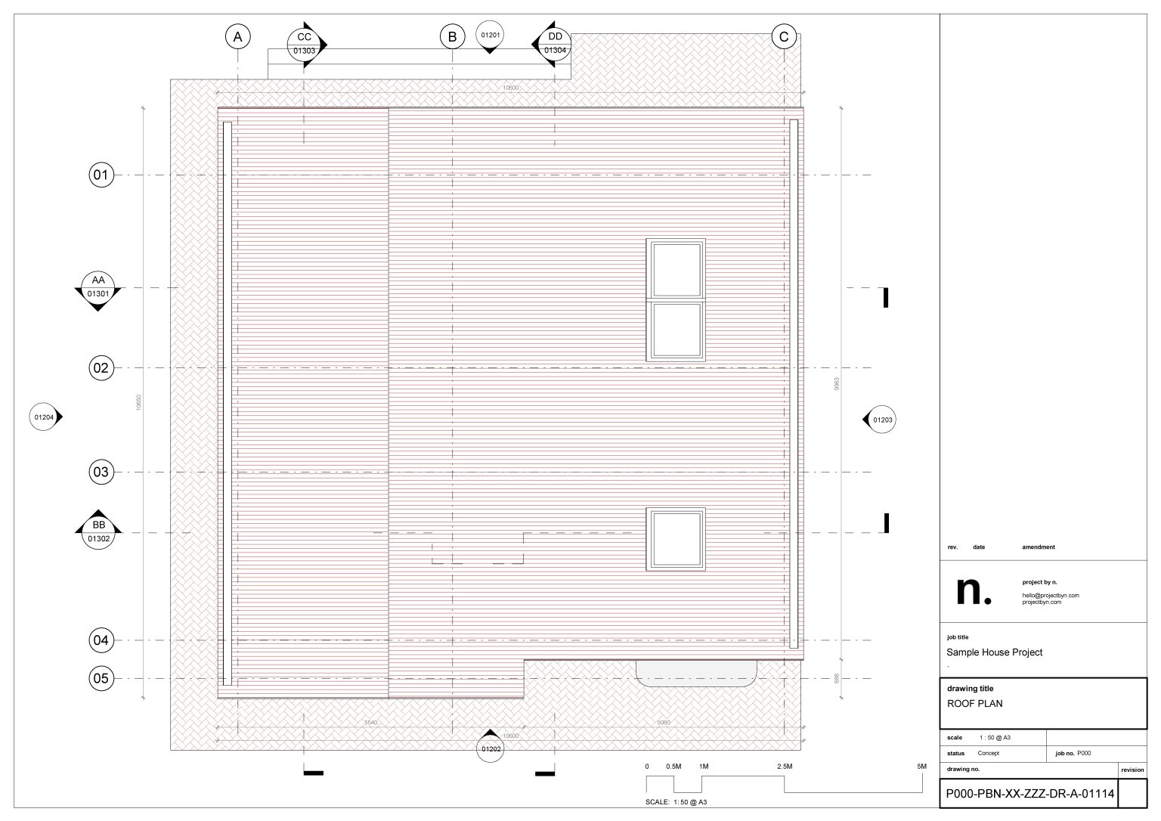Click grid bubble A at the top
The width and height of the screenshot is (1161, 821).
[237, 36]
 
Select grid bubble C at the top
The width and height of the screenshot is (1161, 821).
[784, 36]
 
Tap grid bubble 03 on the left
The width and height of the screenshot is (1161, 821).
[101, 472]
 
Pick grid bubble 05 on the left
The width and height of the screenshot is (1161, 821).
[101, 678]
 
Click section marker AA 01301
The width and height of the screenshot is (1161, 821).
[98, 287]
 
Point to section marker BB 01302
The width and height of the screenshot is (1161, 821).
[98, 532]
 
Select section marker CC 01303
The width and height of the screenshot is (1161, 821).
[304, 44]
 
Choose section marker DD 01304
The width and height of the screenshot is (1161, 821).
[555, 44]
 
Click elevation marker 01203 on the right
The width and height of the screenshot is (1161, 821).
[881, 420]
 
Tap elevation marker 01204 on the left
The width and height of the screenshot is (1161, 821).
[44, 417]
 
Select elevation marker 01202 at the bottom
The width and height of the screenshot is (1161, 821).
[490, 748]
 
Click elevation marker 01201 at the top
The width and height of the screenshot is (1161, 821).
[490, 36]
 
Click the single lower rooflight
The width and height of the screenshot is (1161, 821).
[676, 539]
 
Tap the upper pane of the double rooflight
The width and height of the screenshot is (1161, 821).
[676, 269]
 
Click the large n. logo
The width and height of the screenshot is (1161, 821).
[974, 591]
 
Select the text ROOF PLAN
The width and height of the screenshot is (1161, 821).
[975, 703]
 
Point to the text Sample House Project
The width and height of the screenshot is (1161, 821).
[994, 652]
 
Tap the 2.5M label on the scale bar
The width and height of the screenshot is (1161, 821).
[784, 767]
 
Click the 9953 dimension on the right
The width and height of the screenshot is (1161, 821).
[837, 384]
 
